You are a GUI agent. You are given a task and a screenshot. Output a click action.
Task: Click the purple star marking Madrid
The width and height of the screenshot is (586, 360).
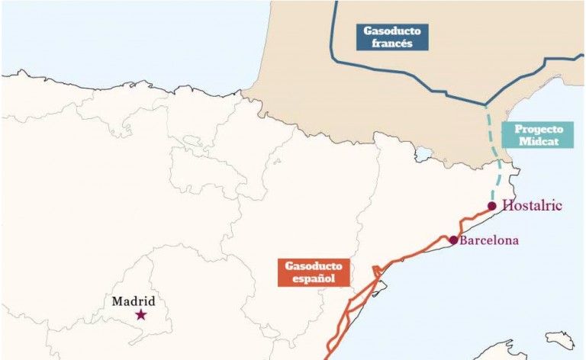140,314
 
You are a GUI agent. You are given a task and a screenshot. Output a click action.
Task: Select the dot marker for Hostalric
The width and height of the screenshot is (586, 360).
492,206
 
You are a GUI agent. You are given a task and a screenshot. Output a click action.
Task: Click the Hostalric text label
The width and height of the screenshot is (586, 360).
533,206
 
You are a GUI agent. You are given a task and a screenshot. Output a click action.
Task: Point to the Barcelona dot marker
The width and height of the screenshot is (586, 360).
453,240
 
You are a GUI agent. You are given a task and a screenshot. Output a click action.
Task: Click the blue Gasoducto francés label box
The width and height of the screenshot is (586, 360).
394,37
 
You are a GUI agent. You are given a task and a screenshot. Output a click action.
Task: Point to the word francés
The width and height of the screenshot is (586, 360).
394,44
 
